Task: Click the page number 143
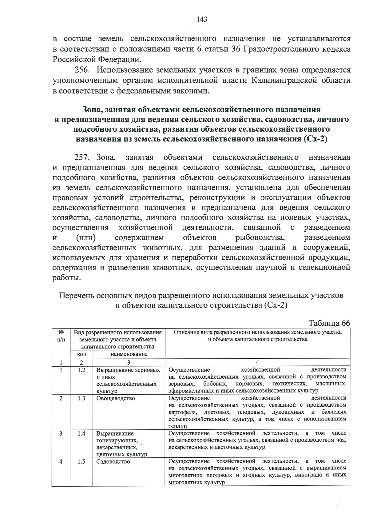point(202,20)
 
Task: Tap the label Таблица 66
point(329,323)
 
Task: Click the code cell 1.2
point(81,370)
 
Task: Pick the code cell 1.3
point(81,398)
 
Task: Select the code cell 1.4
point(81,433)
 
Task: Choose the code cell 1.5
point(81,461)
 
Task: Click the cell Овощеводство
point(116,398)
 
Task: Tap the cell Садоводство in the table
point(113,461)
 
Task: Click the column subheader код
point(81,354)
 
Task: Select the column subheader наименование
point(129,354)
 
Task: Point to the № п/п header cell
point(61,336)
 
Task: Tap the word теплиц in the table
point(178,426)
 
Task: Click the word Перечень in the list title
point(76,296)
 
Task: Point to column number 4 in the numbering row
point(257,362)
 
